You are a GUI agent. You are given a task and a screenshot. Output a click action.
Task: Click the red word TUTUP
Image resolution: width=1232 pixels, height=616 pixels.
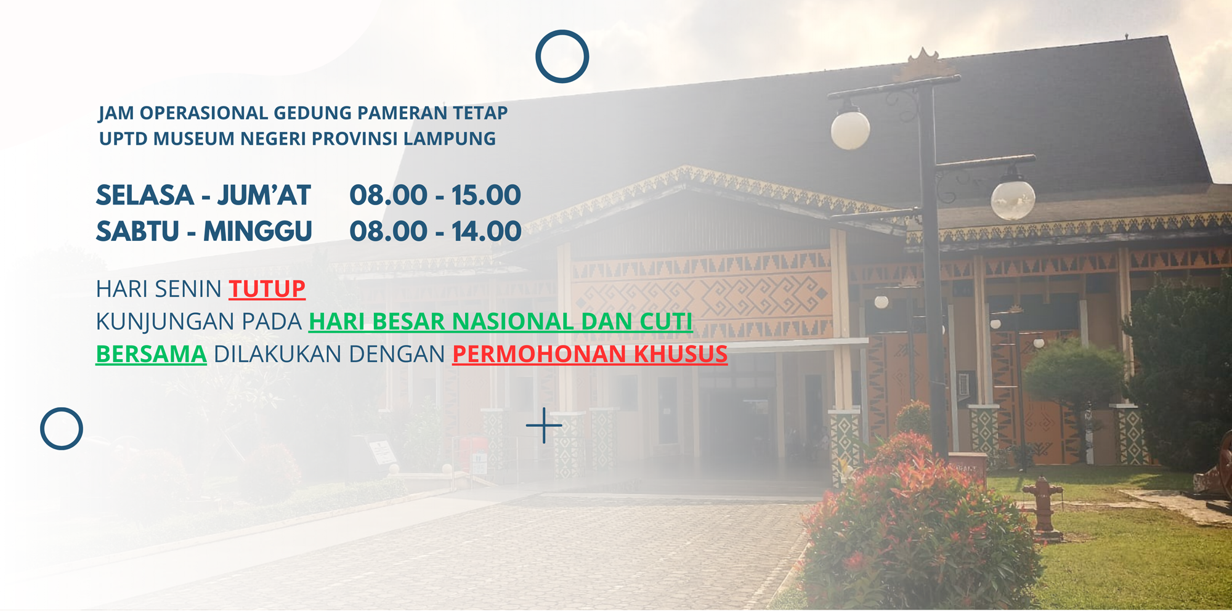[267, 289]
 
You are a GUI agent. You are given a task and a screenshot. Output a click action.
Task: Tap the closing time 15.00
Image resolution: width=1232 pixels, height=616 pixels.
[487, 195]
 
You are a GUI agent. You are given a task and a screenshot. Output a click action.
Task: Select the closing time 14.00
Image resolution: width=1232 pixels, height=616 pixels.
[487, 232]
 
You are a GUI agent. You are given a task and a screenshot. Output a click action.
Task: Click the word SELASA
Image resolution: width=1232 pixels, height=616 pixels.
[145, 195]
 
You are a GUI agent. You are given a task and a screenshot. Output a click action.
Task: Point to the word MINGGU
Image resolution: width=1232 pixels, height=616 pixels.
[257, 232]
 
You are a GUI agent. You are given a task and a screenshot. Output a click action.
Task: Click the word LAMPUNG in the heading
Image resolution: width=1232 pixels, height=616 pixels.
[450, 139]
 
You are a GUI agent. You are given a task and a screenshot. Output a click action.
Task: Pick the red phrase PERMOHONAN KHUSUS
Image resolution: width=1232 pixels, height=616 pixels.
[590, 354]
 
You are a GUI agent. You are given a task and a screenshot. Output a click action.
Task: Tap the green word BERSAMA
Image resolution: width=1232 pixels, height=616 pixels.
[151, 354]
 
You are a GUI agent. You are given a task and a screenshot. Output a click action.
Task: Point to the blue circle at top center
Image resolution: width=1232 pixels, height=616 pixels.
[562, 31]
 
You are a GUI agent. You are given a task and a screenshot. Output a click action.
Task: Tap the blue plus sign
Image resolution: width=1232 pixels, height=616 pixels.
[544, 425]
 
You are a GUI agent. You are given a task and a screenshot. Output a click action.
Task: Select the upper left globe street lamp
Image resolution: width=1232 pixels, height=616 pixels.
[850, 128]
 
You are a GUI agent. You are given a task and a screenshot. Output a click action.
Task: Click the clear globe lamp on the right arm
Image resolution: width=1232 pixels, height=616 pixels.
[1013, 197]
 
